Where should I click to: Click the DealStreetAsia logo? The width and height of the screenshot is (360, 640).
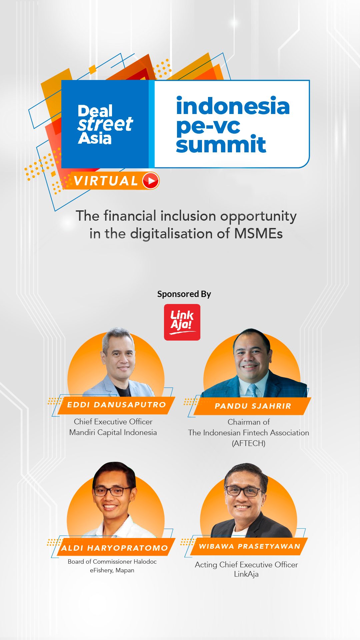click(x=105, y=124)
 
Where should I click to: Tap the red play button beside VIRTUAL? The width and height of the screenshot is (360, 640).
click(x=151, y=181)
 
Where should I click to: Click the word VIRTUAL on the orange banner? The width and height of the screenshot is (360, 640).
click(x=106, y=181)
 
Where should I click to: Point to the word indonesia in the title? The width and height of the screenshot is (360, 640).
click(x=233, y=106)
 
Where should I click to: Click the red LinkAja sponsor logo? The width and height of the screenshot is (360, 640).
click(x=182, y=322)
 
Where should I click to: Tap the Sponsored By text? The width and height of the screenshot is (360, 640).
click(x=184, y=294)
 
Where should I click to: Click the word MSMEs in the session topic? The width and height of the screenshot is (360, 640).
click(x=258, y=233)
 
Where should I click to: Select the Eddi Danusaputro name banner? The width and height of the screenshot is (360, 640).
click(x=116, y=405)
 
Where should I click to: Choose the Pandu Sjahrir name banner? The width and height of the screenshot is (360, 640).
click(x=252, y=406)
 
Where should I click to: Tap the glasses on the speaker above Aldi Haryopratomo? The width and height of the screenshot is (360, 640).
click(x=112, y=491)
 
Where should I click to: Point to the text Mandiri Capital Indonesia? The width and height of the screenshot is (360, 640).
click(x=113, y=432)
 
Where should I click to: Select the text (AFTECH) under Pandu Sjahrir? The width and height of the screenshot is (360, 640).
click(x=249, y=443)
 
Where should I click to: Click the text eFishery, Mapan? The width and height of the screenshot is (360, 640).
click(x=112, y=570)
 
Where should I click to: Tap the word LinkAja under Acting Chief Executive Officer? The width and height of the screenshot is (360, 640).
click(x=246, y=574)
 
